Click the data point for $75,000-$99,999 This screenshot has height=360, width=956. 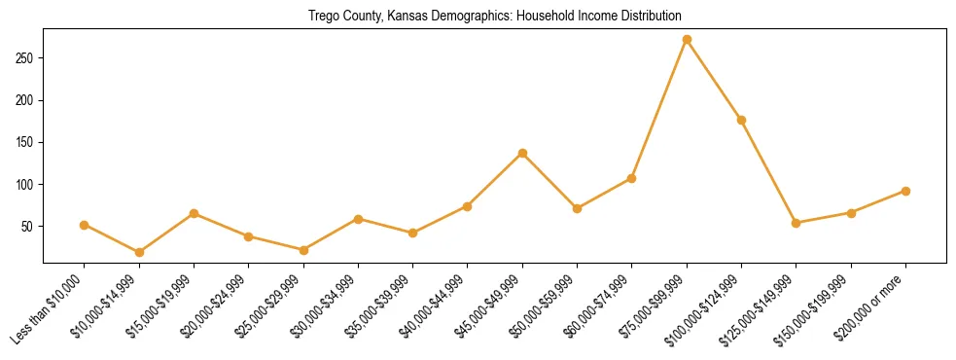point(687,40)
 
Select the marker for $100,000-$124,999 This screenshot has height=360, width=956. point(741,120)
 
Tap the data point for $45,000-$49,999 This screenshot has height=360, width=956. point(522,153)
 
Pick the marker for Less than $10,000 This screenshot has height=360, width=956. point(85,225)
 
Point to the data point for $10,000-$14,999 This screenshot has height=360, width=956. point(139,252)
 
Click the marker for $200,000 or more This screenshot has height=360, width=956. point(905,191)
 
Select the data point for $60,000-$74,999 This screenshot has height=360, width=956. point(632,178)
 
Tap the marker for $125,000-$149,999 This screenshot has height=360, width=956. point(797,223)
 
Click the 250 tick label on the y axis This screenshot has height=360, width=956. point(27,58)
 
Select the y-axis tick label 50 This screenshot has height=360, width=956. point(30,227)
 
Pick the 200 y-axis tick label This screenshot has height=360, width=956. point(27,100)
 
